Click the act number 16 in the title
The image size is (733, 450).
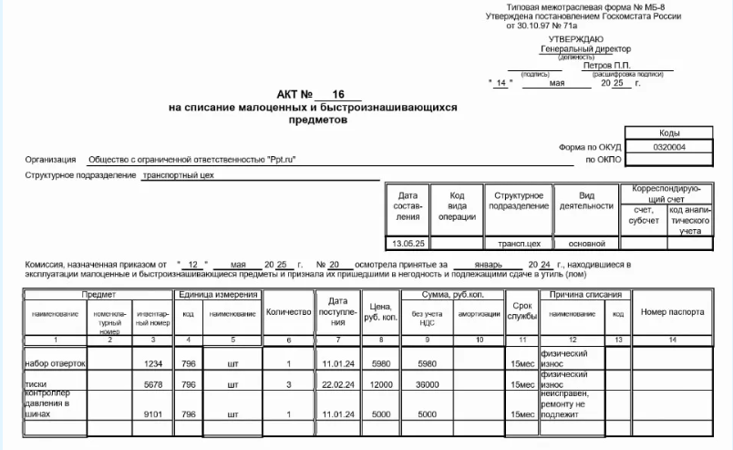pyautogui.click(x=339, y=94)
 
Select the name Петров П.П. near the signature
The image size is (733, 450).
pyautogui.click(x=607, y=66)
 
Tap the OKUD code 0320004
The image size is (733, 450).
pyautogui.click(x=670, y=146)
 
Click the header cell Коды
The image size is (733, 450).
pyautogui.click(x=670, y=133)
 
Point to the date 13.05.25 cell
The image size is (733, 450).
pyautogui.click(x=408, y=244)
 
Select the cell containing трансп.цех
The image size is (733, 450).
pyautogui.click(x=519, y=244)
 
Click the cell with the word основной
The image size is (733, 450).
pyautogui.click(x=587, y=244)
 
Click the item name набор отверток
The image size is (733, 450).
pyautogui.click(x=55, y=363)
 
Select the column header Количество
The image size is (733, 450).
pyautogui.click(x=288, y=312)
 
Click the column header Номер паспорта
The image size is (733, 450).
pyautogui.click(x=672, y=312)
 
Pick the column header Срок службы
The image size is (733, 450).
pyautogui.click(x=521, y=312)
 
